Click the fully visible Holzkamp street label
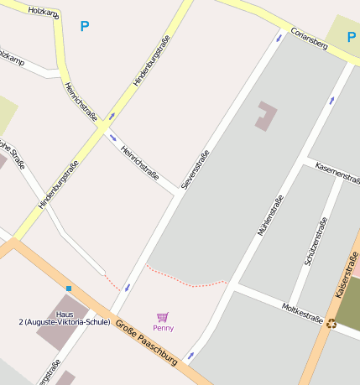pyautogui.click(x=44, y=13)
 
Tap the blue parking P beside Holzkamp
pyautogui.click(x=84, y=27)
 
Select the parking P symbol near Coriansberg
pyautogui.click(x=352, y=36)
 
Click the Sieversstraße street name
pyautogui.click(x=195, y=169)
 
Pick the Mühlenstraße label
pyautogui.click(x=270, y=215)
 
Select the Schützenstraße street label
pyautogui.click(x=314, y=248)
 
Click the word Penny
pyautogui.click(x=163, y=328)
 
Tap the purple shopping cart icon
pyautogui.click(x=163, y=316)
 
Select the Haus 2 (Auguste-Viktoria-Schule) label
pyautogui.click(x=65, y=318)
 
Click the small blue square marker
pyautogui.click(x=69, y=289)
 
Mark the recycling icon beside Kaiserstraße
pyautogui.click(x=331, y=322)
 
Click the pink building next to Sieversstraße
pyautogui.click(x=265, y=116)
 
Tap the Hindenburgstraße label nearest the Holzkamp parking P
pyautogui.click(x=151, y=61)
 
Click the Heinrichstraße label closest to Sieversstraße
pyautogui.click(x=140, y=163)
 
